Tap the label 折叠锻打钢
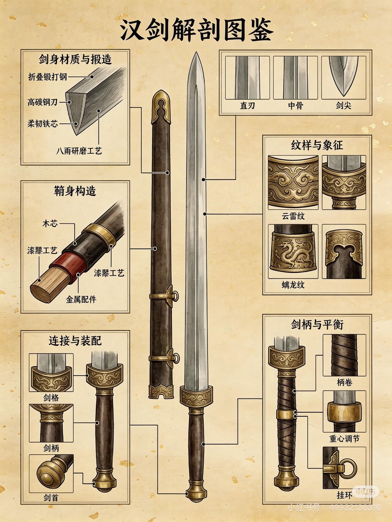[x=48, y=77]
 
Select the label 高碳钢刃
[x=42, y=102]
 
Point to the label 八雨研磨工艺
[x=79, y=151]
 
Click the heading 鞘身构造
[x=75, y=191]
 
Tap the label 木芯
[x=50, y=224]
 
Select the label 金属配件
[x=81, y=299]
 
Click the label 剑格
[x=51, y=398]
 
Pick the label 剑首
[x=51, y=498]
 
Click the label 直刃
[x=247, y=105]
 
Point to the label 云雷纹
[x=293, y=216]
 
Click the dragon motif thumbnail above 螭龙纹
[x=293, y=251]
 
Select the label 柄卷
[x=344, y=382]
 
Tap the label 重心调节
[x=344, y=439]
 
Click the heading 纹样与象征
[x=317, y=145]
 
